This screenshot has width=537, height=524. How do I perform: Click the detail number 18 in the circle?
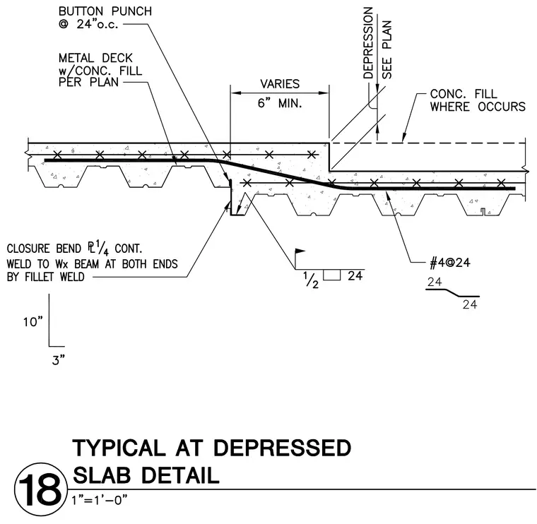[x=40, y=490]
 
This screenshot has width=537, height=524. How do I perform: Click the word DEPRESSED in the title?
[x=283, y=448]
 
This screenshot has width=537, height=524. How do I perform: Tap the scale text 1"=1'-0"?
[x=100, y=500]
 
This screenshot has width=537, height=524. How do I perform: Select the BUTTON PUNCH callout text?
[x=105, y=18]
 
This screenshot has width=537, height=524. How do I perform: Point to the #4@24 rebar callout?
[x=450, y=263]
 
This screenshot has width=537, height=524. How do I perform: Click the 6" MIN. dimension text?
[x=280, y=102]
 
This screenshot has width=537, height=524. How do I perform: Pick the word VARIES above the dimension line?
[x=280, y=84]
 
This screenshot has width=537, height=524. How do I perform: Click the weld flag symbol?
[x=300, y=252]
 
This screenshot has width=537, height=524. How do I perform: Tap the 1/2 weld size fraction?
[x=311, y=279]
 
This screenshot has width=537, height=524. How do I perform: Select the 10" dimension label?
[x=33, y=322]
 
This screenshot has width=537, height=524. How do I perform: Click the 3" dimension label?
[x=59, y=360]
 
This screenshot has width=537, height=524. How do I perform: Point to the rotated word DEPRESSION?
[x=368, y=43]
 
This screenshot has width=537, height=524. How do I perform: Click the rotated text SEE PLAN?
[x=386, y=49]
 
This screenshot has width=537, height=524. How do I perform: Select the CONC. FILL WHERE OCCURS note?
[x=478, y=100]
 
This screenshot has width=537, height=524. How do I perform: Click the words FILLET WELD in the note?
[x=54, y=277]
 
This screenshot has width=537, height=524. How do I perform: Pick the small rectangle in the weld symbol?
[x=332, y=275]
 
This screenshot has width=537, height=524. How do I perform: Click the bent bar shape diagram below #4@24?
[x=452, y=293]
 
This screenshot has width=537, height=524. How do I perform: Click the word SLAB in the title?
[x=102, y=475]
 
